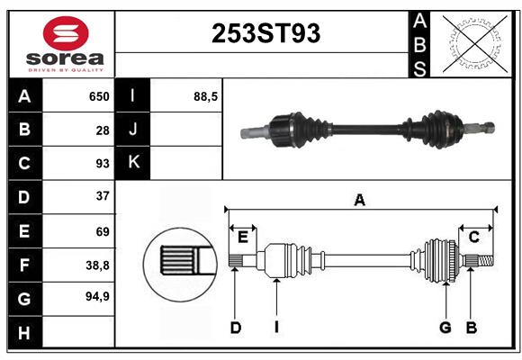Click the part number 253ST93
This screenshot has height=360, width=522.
tap(265, 33)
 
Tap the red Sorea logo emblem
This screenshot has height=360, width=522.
tap(66, 33)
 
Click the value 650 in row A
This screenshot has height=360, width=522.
tap(99, 96)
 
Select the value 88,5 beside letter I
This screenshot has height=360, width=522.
tap(205, 96)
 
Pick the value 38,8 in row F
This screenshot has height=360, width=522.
tap(97, 265)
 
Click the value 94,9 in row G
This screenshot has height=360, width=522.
tap(97, 296)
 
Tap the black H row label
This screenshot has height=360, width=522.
tap(25, 333)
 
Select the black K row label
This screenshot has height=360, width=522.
tap(133, 163)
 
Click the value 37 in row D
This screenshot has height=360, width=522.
tap(103, 196)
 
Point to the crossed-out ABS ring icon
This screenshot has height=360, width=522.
tap(475, 43)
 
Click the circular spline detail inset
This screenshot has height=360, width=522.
tap(180, 265)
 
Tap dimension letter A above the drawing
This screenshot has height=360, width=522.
tap(360, 201)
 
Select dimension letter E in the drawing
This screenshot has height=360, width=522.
tap(243, 238)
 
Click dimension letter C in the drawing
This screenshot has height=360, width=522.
tap(473, 238)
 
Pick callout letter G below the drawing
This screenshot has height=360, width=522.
tap(445, 328)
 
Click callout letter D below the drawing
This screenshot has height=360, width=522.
tap(236, 328)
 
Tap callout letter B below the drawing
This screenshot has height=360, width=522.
tap(472, 328)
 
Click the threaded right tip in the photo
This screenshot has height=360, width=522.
tap(489, 128)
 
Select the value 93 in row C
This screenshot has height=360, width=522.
tap(103, 164)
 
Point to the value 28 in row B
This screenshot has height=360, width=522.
tap(103, 130)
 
